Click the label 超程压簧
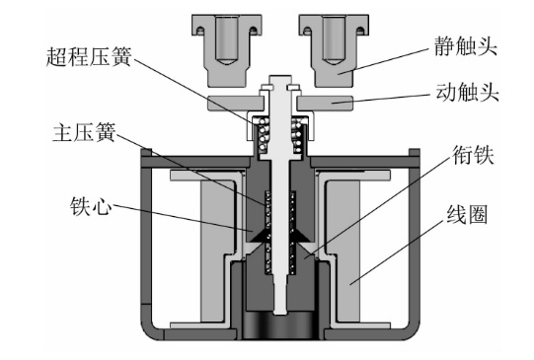pos(89,56)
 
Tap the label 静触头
pos(466,46)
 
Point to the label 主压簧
pos(85,132)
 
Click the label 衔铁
pos(473,155)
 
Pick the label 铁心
pos(91,205)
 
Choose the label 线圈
pos(467,214)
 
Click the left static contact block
pos(227,50)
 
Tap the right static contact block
pos(334,50)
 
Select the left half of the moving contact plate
pos(236,104)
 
